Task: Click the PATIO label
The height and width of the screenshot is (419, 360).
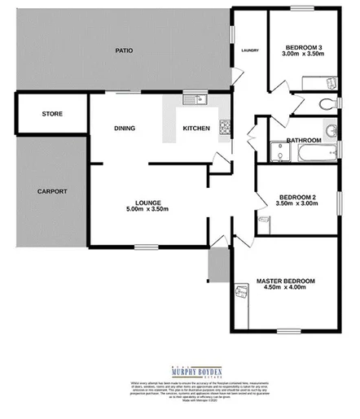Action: click(123, 50)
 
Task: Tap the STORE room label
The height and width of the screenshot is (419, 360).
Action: click(52, 114)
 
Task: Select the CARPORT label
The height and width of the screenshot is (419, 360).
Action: click(51, 191)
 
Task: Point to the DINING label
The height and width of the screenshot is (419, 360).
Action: click(124, 129)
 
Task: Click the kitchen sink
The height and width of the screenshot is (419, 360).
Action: click(195, 100)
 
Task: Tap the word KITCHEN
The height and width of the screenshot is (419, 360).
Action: click(196, 129)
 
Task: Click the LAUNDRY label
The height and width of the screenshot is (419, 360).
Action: click(249, 50)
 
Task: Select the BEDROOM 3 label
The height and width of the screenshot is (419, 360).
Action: click(301, 47)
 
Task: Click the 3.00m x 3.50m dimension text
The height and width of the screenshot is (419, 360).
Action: click(301, 55)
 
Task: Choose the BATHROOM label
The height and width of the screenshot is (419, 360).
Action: click(303, 140)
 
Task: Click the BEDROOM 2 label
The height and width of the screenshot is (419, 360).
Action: click(296, 197)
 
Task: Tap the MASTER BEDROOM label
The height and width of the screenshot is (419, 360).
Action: click(285, 282)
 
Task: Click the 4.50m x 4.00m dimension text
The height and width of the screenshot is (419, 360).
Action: click(285, 290)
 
